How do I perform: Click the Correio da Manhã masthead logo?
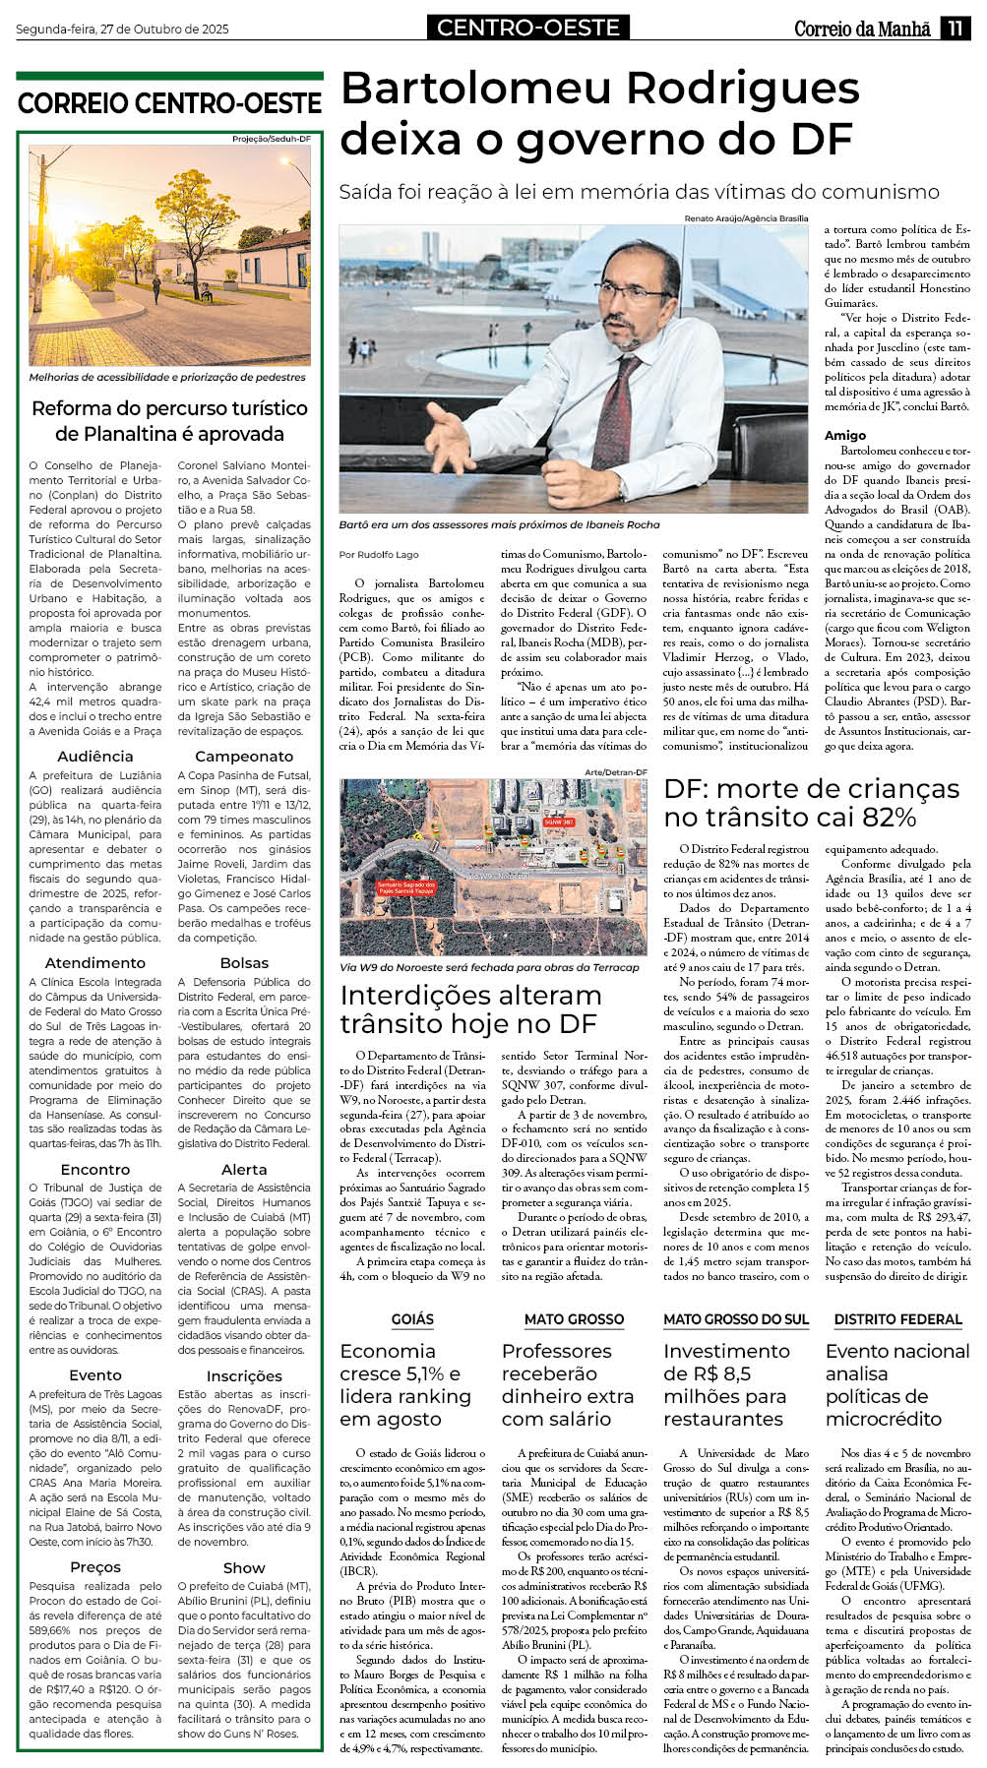pyautogui.click(x=862, y=30)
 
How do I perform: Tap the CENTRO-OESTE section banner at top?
pyautogui.click(x=528, y=28)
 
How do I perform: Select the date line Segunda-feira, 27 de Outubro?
pyautogui.click(x=122, y=30)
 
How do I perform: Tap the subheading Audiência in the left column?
pyautogui.click(x=95, y=756)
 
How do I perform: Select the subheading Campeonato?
pyautogui.click(x=244, y=756)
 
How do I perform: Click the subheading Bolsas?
pyautogui.click(x=244, y=962)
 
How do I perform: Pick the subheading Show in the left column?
pyautogui.click(x=244, y=1567)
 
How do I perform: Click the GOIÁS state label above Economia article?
pyautogui.click(x=412, y=1319)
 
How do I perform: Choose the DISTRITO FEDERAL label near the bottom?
pyautogui.click(x=897, y=1319)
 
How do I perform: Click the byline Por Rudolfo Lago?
pyautogui.click(x=379, y=555)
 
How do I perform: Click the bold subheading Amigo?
pyautogui.click(x=845, y=435)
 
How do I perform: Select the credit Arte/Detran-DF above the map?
pyautogui.click(x=616, y=772)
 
